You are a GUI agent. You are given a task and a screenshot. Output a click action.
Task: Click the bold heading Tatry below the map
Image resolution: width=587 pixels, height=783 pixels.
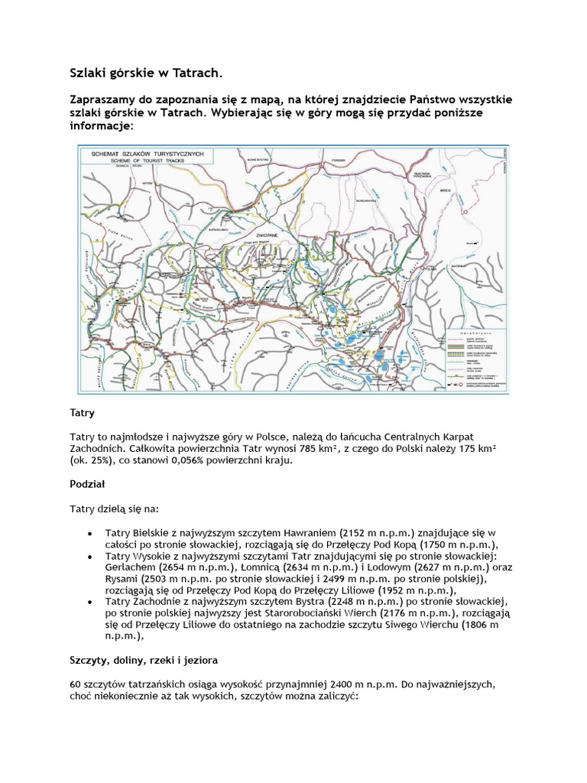pos(83,413)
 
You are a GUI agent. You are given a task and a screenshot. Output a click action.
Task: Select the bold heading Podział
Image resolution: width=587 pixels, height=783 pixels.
pos(87,484)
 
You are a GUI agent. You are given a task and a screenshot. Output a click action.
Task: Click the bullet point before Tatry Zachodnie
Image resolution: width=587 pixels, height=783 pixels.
pos(90,602)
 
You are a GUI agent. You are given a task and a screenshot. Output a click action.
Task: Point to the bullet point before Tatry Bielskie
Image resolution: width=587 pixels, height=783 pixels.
pos(90,532)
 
